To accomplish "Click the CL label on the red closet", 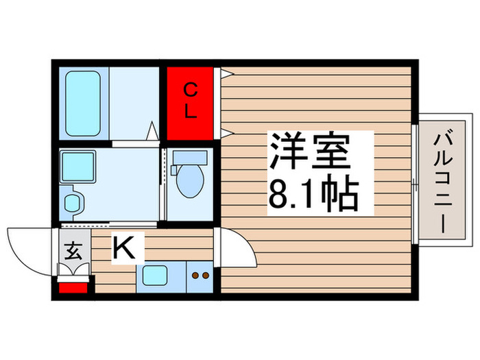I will coord(191,100).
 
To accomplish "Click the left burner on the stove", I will coord(194,276).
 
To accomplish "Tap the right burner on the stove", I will coord(205,276).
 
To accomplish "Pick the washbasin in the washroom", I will coord(71,203).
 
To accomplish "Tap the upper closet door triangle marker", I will coord(224,73).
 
